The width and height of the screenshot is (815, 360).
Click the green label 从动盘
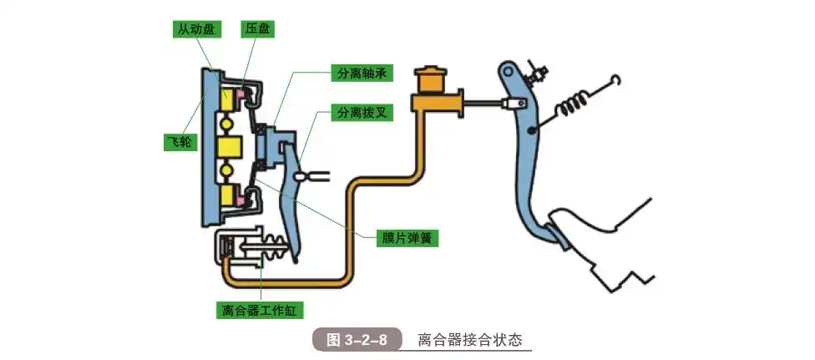[x=194, y=30]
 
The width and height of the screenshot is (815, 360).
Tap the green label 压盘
[x=257, y=30]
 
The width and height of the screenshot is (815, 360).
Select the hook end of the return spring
[x=615, y=80]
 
